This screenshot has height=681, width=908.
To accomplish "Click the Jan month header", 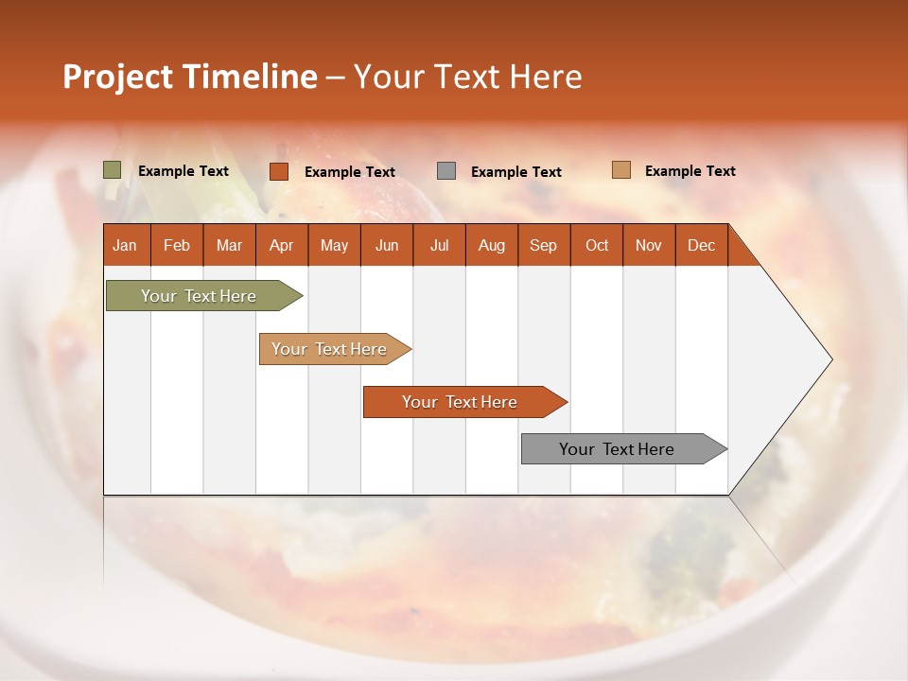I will [x=125, y=246].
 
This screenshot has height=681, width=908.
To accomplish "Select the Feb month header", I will [x=177, y=246].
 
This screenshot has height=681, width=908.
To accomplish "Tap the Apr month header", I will [x=281, y=246].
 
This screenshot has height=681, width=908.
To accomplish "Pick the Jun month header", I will [x=387, y=246].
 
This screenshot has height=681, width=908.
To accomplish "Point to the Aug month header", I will [x=491, y=246].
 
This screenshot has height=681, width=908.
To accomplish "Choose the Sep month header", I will [x=543, y=246].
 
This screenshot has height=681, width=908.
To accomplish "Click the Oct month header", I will [x=597, y=246].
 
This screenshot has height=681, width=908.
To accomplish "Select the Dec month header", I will [x=701, y=246].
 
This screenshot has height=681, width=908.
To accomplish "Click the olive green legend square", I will [x=113, y=170].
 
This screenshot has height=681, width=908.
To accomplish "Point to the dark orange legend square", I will [x=279, y=171].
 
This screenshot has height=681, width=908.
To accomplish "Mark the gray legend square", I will [x=446, y=171].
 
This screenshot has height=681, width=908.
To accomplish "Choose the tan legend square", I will [x=621, y=170].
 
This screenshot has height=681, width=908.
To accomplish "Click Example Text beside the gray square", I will [x=516, y=172].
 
